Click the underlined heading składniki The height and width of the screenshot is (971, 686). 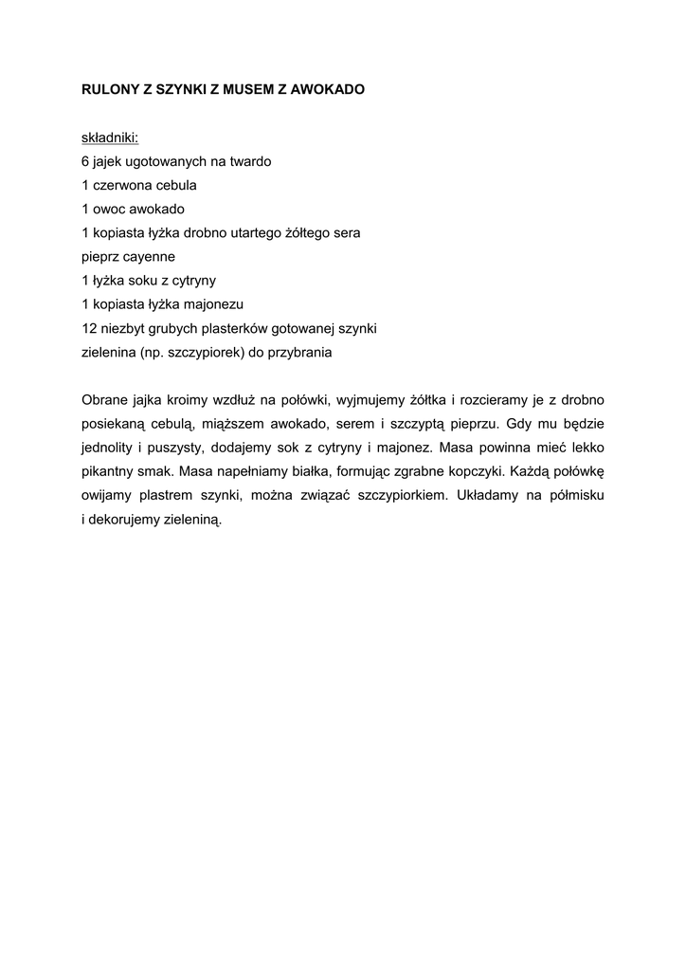(110, 137)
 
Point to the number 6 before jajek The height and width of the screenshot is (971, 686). (85, 161)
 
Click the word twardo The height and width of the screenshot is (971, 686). (249, 161)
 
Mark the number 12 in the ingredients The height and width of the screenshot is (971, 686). (89, 328)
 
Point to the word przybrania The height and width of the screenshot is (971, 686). (302, 352)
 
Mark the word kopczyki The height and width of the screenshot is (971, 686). (509, 471)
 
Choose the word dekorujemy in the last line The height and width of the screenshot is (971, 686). (120, 520)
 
